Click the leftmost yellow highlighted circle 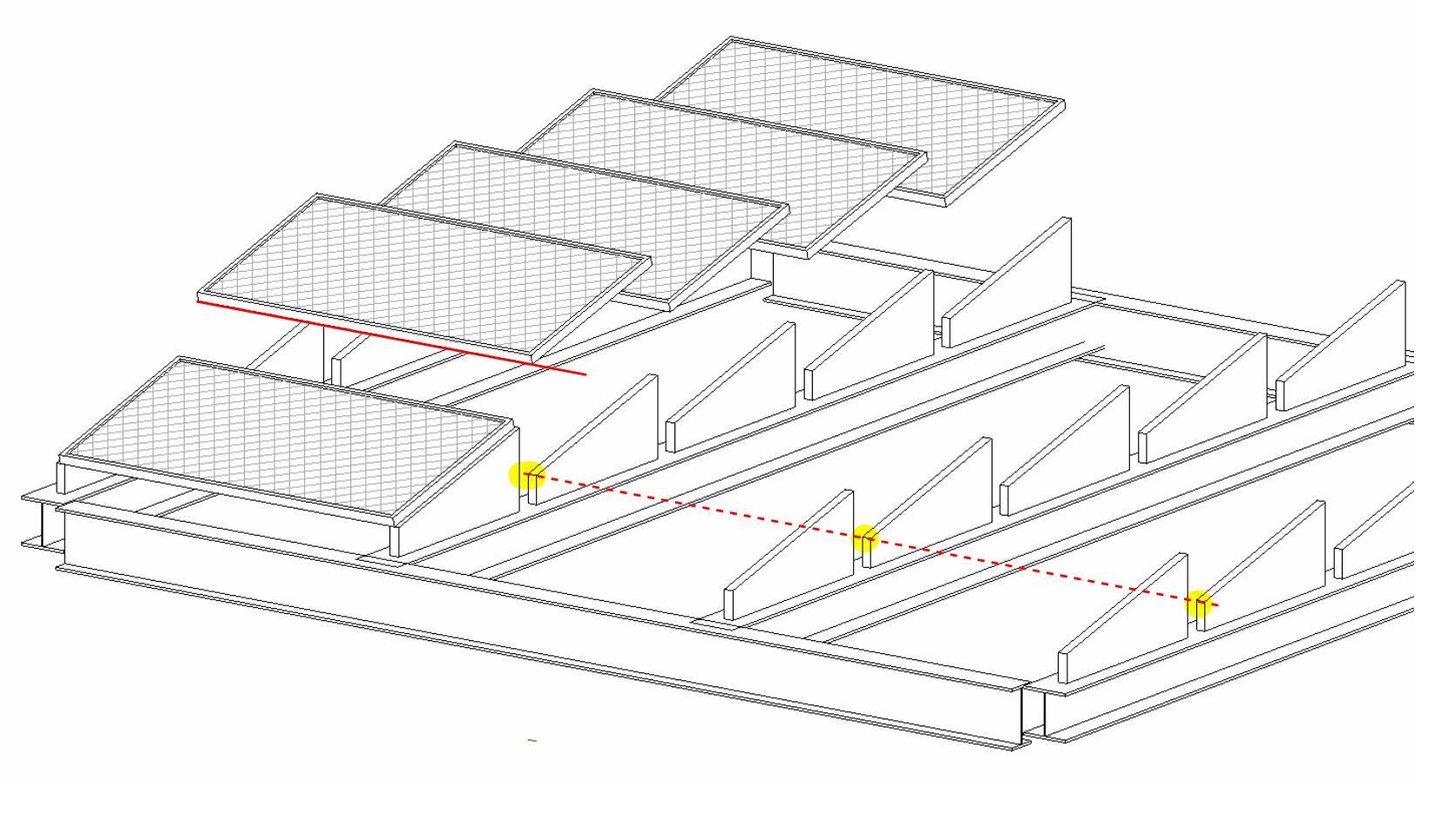pyautogui.click(x=526, y=476)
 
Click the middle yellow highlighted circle pyautogui.click(x=863, y=539)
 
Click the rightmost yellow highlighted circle pyautogui.click(x=1199, y=603)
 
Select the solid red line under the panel pyautogui.click(x=392, y=338)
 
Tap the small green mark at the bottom pyautogui.click(x=532, y=740)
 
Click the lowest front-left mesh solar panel pyautogui.click(x=288, y=436)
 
